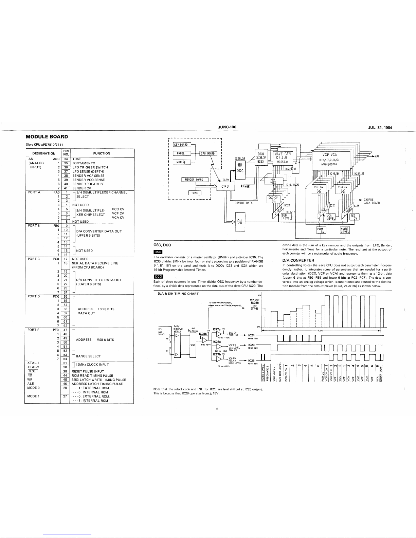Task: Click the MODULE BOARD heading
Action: point(47,137)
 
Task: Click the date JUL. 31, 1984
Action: point(380,127)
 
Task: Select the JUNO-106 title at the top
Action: point(227,127)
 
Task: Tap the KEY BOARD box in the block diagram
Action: point(181,145)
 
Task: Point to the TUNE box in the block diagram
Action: point(195,193)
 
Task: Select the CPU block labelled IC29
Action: point(224,186)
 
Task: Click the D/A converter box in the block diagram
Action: point(240,222)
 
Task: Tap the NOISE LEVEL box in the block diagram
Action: point(345,230)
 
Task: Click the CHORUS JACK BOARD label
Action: point(372,201)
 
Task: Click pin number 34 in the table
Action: point(67,159)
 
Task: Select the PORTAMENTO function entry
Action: point(84,163)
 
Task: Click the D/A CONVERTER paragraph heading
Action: point(298,260)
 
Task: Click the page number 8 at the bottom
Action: point(217,409)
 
